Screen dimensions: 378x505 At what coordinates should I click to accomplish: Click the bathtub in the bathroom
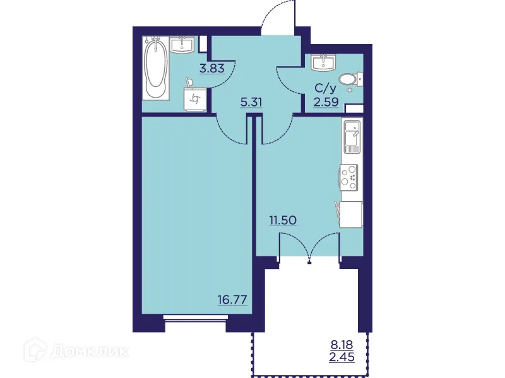(x=155, y=68)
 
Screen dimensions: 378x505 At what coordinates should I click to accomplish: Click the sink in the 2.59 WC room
(x=326, y=61)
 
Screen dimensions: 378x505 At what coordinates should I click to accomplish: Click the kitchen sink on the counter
(x=351, y=137)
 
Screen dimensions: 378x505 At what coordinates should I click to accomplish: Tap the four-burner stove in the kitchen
(x=348, y=176)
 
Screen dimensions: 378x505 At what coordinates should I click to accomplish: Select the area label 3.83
(x=212, y=69)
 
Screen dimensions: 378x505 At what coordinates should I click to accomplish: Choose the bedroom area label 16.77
(x=230, y=301)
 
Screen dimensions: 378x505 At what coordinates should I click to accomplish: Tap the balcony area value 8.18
(x=343, y=345)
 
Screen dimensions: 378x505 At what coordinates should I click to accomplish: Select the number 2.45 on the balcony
(x=343, y=357)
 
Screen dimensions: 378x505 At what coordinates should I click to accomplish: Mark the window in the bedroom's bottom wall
(x=194, y=317)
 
